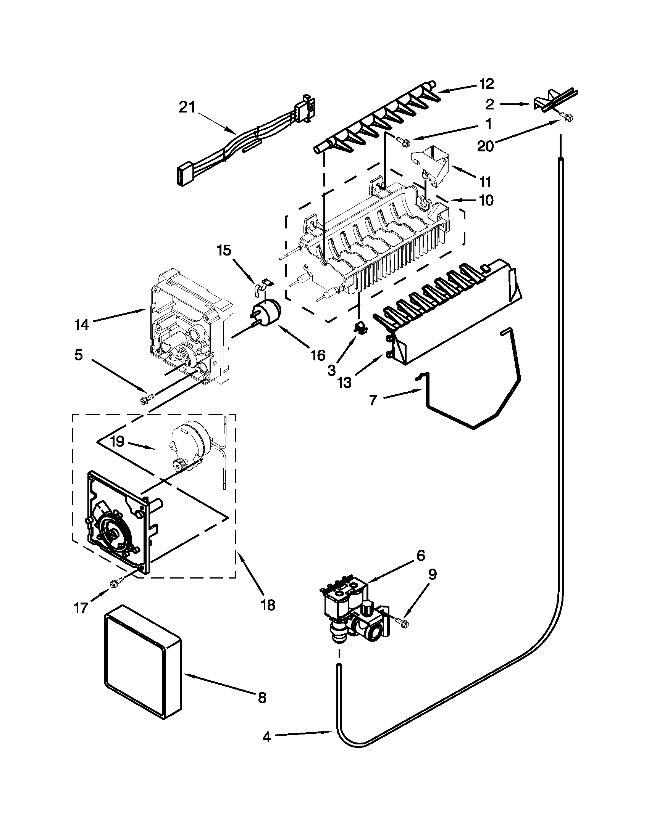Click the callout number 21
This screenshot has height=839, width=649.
click(187, 108)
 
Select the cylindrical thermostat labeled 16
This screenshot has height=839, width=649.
click(266, 312)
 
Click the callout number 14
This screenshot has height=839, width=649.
click(82, 325)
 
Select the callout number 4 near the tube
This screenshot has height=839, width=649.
click(267, 746)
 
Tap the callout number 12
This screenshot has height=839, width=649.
click(486, 84)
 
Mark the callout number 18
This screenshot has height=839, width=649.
click(268, 606)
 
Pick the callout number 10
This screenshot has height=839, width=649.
click(486, 200)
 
